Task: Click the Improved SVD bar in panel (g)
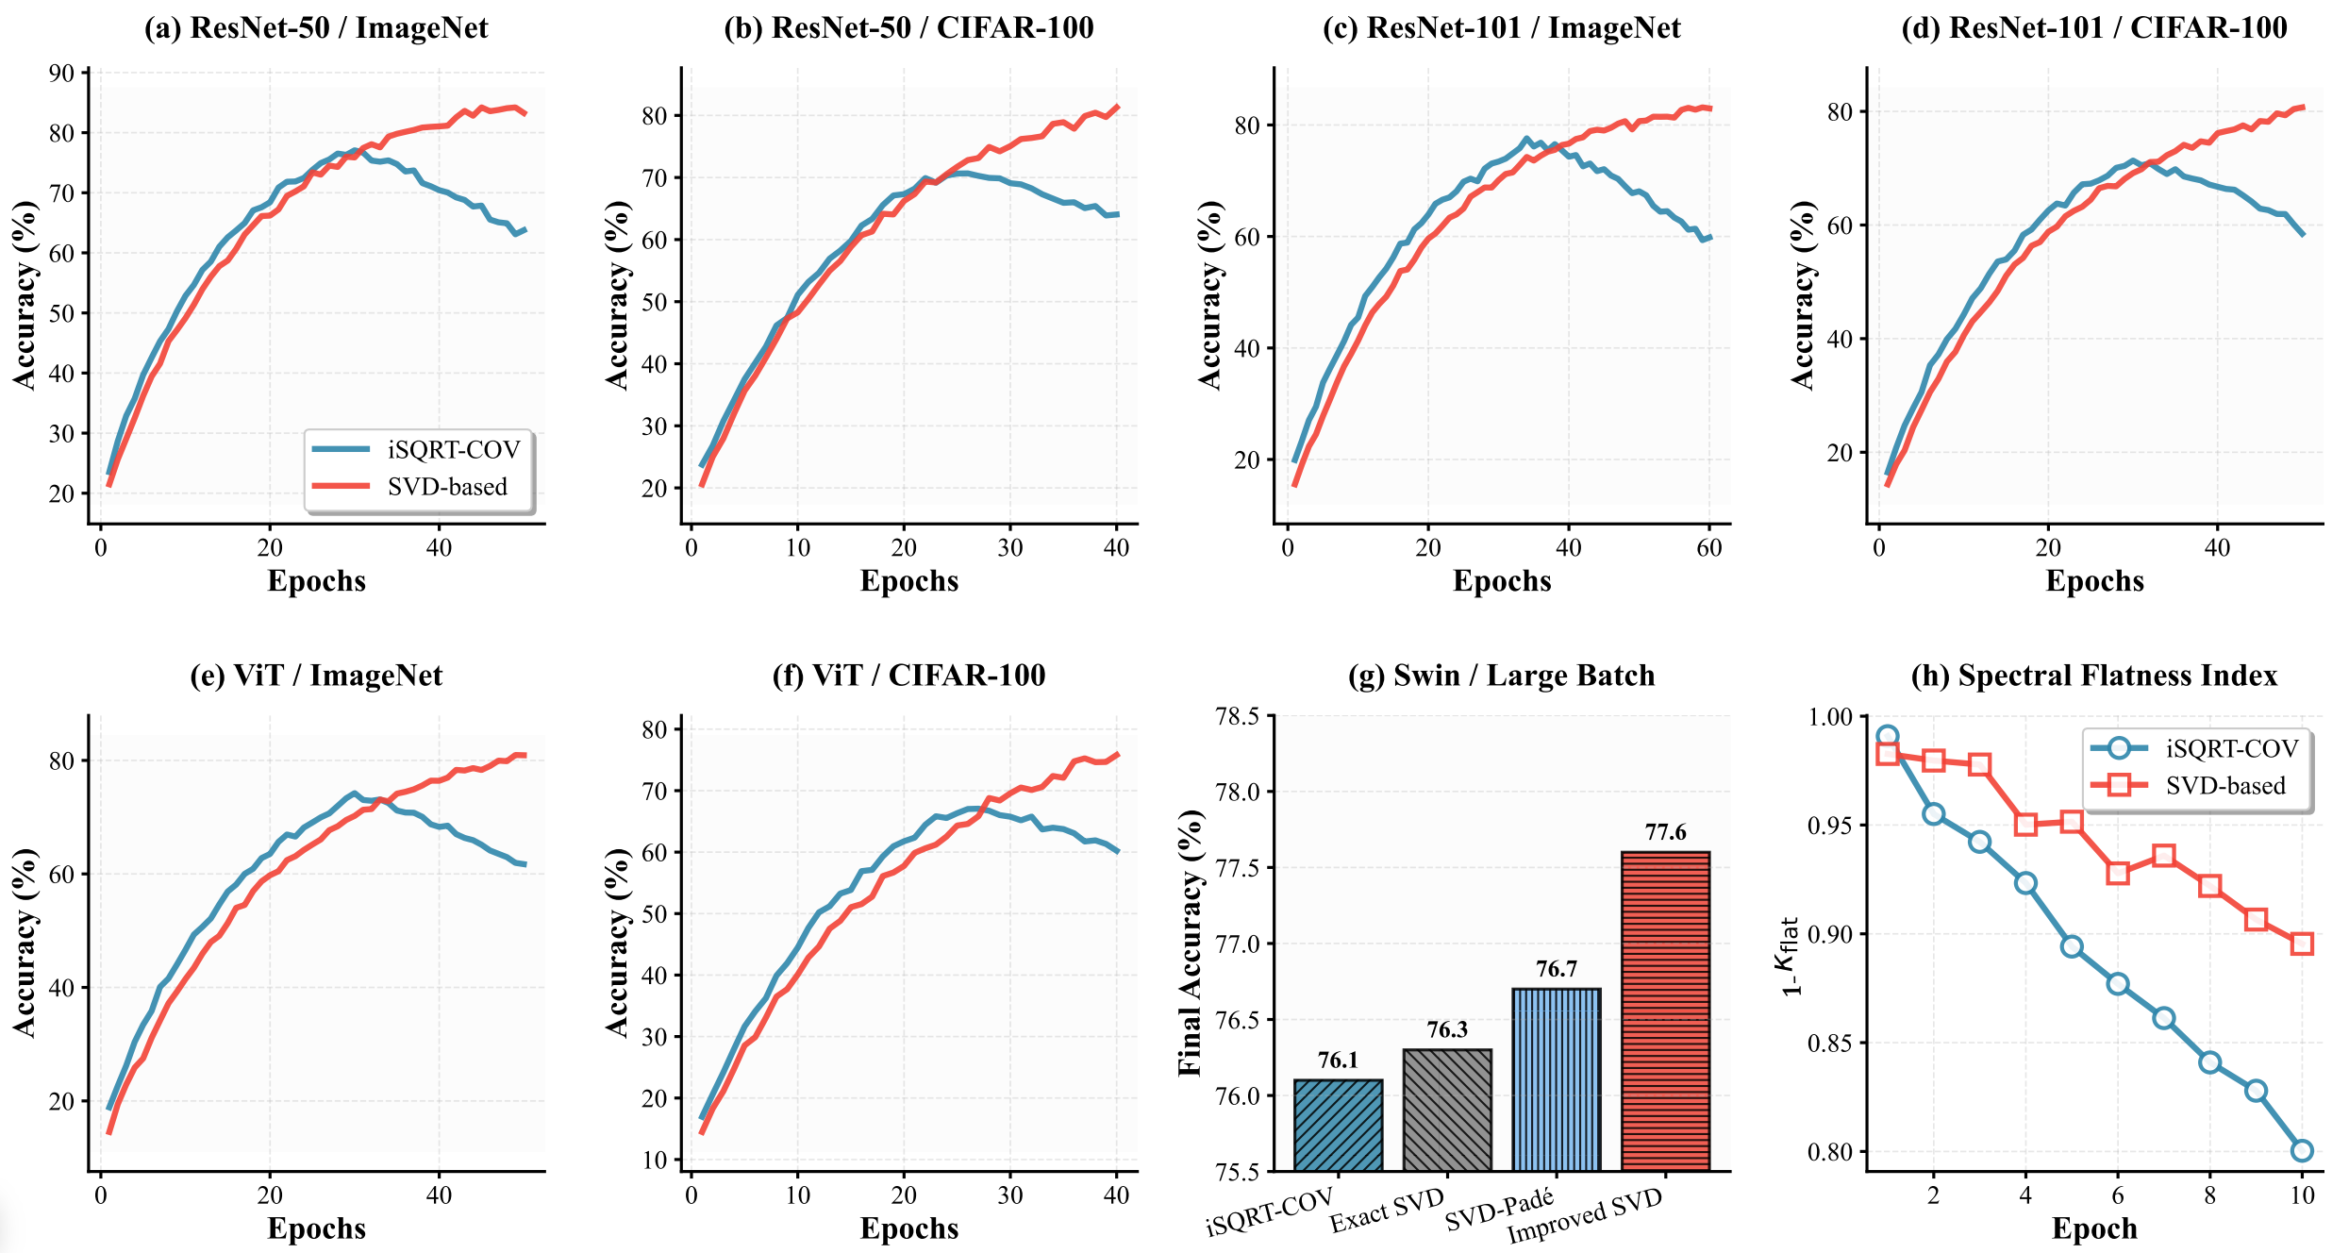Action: tap(1665, 1011)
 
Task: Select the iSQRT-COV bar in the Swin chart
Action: tap(1338, 1125)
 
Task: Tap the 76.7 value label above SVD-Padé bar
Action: tap(1556, 969)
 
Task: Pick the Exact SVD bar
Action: tap(1447, 1110)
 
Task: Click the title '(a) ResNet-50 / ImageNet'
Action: tap(316, 27)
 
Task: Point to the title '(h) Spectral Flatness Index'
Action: tap(2093, 676)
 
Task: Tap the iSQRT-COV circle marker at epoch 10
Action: tap(2302, 1150)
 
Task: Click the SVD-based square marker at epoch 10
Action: tap(2302, 944)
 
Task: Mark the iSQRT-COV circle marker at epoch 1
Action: tap(1887, 736)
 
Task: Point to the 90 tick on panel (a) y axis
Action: tap(61, 73)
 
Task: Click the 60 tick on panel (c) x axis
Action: tap(1708, 548)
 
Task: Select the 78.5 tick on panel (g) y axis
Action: tap(1238, 716)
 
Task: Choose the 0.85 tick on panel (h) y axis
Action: tap(1830, 1043)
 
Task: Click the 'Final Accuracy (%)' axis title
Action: tap(1191, 944)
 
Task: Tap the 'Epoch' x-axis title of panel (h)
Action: tap(2093, 1228)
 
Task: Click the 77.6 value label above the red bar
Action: tap(1665, 832)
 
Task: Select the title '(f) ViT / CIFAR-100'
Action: tap(908, 676)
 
